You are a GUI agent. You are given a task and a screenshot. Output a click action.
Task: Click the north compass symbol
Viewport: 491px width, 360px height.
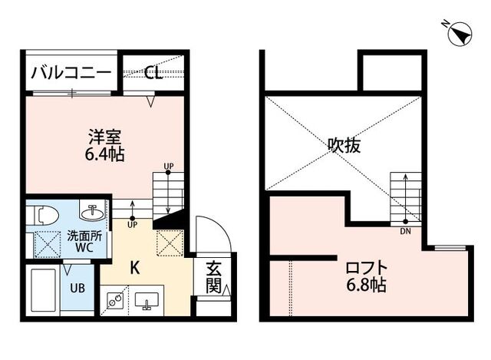460,33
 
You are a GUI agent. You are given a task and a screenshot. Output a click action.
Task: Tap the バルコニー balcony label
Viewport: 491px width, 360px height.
71,72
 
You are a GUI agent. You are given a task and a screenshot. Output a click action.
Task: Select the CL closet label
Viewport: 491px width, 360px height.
153,73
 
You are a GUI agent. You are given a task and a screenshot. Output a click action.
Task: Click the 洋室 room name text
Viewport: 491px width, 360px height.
104,137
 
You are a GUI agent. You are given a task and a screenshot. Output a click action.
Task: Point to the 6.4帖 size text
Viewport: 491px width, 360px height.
105,154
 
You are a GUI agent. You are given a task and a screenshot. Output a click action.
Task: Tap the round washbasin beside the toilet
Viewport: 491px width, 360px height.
92,213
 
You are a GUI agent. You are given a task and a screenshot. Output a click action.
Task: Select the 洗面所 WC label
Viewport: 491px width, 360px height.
84,242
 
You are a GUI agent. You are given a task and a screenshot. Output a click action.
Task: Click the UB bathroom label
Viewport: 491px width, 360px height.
77,288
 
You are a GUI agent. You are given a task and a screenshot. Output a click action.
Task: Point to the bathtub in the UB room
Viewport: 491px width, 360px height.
44,290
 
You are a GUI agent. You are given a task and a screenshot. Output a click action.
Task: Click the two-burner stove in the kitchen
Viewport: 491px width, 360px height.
114,300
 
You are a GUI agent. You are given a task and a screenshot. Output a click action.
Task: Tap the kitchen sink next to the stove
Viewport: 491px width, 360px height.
147,300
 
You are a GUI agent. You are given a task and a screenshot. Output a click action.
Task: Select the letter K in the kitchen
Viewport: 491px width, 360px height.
135,268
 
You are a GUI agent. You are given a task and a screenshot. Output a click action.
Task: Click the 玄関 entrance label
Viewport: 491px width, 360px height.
214,277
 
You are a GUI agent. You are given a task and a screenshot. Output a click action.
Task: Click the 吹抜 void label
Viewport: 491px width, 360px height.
344,145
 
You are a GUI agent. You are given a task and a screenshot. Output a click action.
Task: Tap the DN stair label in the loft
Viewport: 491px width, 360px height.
405,232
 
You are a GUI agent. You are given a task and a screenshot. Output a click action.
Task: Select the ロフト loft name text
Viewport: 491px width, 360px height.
367,268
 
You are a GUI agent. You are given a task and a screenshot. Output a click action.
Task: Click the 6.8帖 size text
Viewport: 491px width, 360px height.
367,285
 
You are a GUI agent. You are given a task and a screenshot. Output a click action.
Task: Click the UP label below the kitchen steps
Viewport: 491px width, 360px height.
132,224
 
